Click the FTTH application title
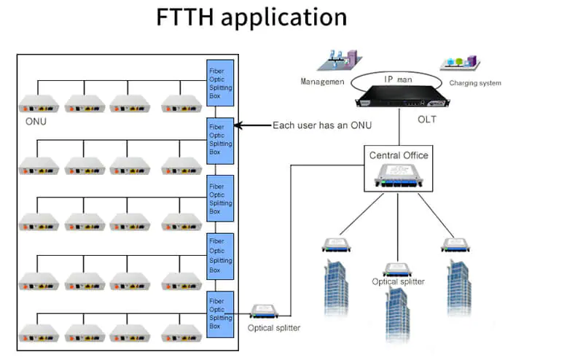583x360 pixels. click(251, 17)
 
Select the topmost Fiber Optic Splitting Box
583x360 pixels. click(221, 82)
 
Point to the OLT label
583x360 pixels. click(426, 120)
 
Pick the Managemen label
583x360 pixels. click(322, 82)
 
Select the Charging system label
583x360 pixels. click(474, 83)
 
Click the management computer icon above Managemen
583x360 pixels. click(340, 60)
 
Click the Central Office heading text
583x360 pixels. click(399, 155)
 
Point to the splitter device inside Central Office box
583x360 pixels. click(398, 176)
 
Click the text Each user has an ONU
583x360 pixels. click(322, 125)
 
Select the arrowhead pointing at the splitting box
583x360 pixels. click(238, 125)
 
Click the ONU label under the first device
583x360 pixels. click(31, 121)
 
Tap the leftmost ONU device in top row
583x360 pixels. click(37, 103)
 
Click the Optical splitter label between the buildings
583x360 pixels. click(398, 281)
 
